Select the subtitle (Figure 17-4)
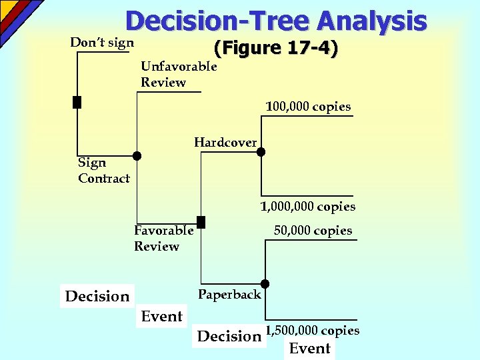click(275, 49)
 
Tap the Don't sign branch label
click(101, 43)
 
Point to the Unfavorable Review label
click(178, 74)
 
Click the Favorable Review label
click(163, 238)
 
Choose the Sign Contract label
click(103, 170)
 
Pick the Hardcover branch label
click(225, 142)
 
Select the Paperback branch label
click(229, 294)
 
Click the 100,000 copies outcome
click(308, 107)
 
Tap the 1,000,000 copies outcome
click(307, 207)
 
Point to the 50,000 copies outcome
click(313, 231)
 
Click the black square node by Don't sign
click(77, 102)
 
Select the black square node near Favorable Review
click(201, 222)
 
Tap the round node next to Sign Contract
click(137, 156)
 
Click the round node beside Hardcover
click(261, 152)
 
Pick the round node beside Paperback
click(265, 283)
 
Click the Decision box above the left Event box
click(97, 296)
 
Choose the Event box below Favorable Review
click(162, 317)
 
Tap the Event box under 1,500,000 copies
click(309, 348)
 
